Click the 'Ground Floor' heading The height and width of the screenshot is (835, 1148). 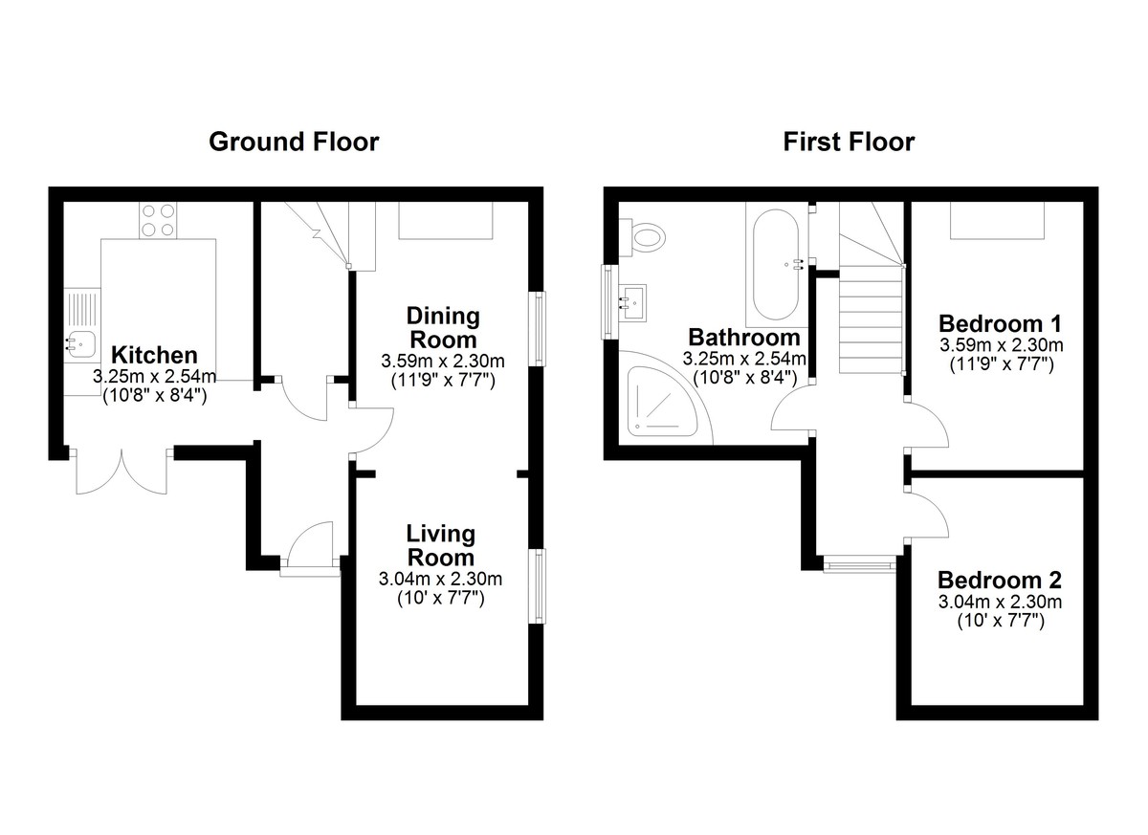click(294, 142)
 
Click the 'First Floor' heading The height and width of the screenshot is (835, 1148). click(849, 142)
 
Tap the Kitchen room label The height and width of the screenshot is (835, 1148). click(154, 355)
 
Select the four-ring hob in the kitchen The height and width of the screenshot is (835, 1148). click(158, 220)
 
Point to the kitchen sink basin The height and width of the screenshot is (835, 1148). click(81, 343)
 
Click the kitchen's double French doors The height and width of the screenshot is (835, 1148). click(122, 472)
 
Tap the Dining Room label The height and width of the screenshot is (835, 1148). click(443, 328)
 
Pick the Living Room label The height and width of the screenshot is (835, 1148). click(441, 545)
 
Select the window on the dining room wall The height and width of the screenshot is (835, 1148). click(537, 328)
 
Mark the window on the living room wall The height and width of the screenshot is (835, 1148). click(537, 586)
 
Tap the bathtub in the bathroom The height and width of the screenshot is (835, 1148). click(776, 264)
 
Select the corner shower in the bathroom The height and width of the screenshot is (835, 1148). click(665, 398)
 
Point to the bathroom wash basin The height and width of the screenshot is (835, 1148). click(633, 302)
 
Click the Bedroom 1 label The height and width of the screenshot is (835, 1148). click(1000, 323)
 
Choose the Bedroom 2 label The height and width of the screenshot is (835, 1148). click(1000, 580)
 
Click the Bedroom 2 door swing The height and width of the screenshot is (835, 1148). click(927, 514)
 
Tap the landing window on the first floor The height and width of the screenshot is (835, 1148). click(859, 565)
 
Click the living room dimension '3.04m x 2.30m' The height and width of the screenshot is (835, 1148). click(440, 579)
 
